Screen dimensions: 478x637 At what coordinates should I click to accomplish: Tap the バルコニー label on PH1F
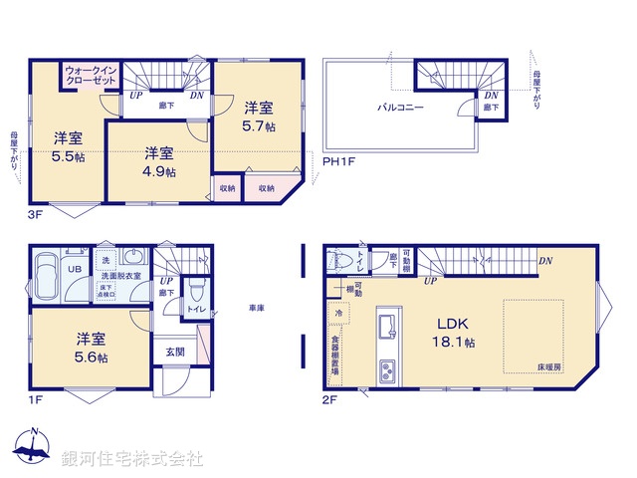(x=400, y=106)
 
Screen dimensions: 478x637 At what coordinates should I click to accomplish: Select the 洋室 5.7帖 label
(x=259, y=117)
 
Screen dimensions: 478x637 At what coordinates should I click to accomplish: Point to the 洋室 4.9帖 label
(x=159, y=161)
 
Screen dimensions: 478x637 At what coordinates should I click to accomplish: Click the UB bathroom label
(x=73, y=269)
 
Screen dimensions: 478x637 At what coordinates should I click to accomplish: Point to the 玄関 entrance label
(x=175, y=352)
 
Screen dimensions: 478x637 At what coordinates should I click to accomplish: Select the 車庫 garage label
(x=256, y=309)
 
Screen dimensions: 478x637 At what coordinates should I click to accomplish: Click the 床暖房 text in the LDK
(x=550, y=367)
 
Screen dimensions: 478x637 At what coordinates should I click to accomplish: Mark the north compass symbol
(x=34, y=448)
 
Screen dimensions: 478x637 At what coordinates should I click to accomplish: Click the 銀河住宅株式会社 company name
(x=132, y=458)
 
